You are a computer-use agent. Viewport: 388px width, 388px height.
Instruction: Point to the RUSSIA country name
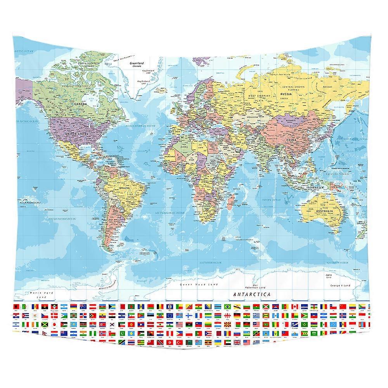pos(287,94)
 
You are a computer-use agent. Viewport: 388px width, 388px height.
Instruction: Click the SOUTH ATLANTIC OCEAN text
pos(170,213)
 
